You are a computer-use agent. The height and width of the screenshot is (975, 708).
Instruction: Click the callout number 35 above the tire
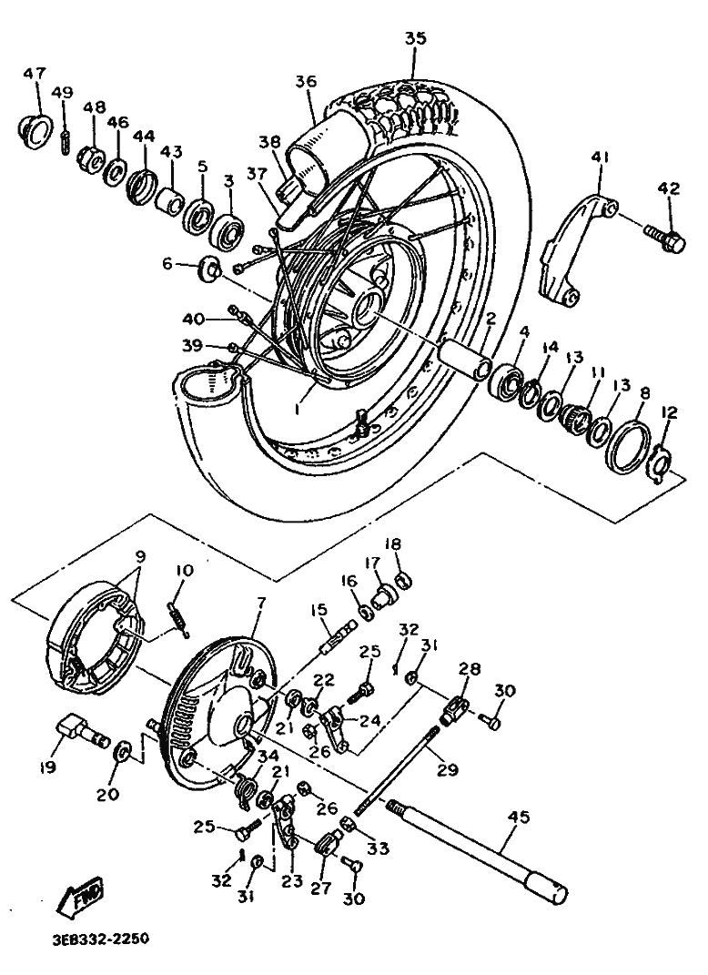[x=416, y=38]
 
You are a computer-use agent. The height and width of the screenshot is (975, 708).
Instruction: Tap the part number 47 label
[x=35, y=74]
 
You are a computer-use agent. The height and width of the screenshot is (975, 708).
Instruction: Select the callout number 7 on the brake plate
[x=261, y=604]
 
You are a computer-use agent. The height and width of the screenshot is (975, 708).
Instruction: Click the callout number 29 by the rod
[x=448, y=769]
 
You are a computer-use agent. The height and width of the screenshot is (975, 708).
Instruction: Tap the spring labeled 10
[x=178, y=617]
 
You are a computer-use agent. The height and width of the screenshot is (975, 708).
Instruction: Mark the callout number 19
[x=48, y=767]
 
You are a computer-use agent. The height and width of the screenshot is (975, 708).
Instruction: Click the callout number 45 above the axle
[x=519, y=817]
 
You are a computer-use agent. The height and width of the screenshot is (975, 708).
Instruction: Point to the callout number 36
[x=306, y=81]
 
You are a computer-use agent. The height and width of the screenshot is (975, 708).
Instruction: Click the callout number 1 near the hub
[x=298, y=409]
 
